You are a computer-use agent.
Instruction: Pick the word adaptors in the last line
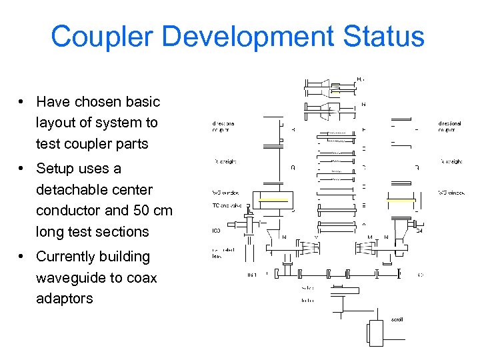(65, 298)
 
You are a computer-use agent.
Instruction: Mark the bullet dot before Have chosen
(22, 102)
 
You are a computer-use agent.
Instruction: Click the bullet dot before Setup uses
(22, 169)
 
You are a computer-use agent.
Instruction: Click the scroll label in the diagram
(397, 319)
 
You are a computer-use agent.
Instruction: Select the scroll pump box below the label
(375, 333)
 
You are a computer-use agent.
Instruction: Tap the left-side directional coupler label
(223, 127)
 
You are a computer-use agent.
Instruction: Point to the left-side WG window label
(225, 193)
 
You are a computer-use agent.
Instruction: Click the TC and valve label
(225, 205)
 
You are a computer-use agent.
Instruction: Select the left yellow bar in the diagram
(273, 199)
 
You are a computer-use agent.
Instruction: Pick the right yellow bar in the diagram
(401, 199)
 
